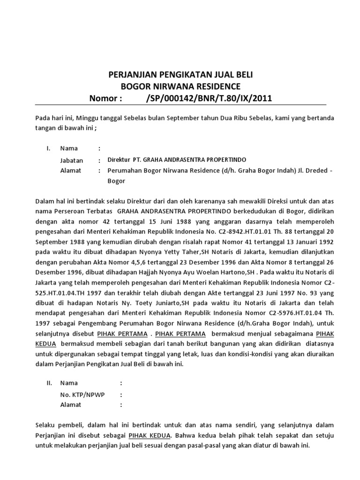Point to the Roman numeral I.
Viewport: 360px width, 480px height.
point(48,149)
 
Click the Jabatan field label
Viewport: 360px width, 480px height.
point(71,160)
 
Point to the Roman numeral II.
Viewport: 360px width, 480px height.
point(49,383)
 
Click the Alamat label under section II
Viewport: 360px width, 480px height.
point(71,405)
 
